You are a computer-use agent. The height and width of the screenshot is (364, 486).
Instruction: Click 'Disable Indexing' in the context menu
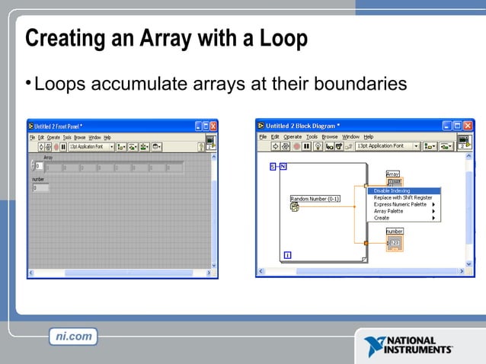click(392, 190)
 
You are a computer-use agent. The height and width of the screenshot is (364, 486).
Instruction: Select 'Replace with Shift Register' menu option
click(402, 197)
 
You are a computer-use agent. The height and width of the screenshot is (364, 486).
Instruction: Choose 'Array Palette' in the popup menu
click(388, 211)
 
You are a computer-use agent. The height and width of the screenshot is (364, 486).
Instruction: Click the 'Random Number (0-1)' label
click(315, 199)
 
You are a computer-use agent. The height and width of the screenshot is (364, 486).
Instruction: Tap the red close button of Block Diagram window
click(468, 126)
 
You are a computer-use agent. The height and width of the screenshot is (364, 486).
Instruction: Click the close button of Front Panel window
click(213, 126)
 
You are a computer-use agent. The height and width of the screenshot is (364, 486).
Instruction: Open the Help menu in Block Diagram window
click(369, 136)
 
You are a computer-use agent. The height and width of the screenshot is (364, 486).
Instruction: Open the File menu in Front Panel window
click(32, 137)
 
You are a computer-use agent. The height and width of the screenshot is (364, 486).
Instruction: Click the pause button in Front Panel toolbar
click(63, 146)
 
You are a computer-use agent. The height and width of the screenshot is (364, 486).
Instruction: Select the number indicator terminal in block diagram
click(394, 243)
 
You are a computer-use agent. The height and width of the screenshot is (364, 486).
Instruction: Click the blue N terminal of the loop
click(283, 166)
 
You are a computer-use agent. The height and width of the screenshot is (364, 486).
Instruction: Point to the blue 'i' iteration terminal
click(287, 254)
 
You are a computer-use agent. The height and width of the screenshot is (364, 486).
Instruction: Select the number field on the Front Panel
click(40, 187)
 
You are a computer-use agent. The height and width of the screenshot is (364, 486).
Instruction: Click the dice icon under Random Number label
click(294, 206)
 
